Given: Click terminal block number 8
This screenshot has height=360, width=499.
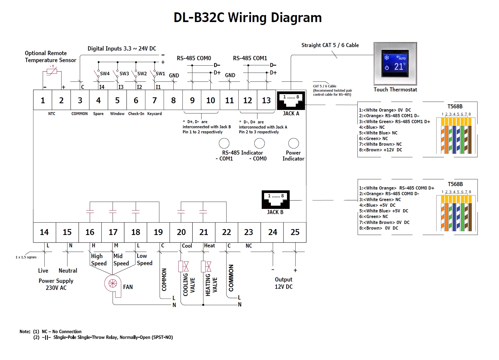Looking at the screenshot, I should tap(173, 100).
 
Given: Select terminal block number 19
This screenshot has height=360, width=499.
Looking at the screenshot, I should tap(158, 232).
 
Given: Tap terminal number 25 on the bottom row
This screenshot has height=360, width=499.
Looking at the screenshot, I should tap(295, 232).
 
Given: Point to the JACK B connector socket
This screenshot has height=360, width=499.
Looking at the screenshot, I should tap(275, 199).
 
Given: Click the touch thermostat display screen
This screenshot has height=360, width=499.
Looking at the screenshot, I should tap(395, 63).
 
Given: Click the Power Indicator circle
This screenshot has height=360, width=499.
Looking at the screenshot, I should tap(293, 143).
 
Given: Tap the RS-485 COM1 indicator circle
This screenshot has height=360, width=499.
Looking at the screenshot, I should tap(224, 143).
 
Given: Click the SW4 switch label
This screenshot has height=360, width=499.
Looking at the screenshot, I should tap(105, 74).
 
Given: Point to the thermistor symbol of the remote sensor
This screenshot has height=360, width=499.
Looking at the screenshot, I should tap(52, 71).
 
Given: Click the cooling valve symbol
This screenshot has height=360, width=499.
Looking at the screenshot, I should tap(184, 266).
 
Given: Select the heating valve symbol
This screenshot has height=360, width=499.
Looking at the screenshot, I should tap(206, 266).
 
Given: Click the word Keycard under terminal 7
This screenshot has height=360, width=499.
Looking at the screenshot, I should tap(155, 114).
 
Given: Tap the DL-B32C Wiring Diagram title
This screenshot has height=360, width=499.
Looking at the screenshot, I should tap(247, 18).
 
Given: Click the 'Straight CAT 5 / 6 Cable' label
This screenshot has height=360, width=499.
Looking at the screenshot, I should tap(330, 45).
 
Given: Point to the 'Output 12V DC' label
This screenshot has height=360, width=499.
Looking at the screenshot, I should tap(283, 283).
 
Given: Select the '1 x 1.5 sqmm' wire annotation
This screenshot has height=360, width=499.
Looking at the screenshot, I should tap(26, 257).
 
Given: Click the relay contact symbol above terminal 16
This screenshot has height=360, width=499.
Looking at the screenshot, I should tap(90, 212).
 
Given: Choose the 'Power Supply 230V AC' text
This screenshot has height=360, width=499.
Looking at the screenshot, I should tap(56, 284).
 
